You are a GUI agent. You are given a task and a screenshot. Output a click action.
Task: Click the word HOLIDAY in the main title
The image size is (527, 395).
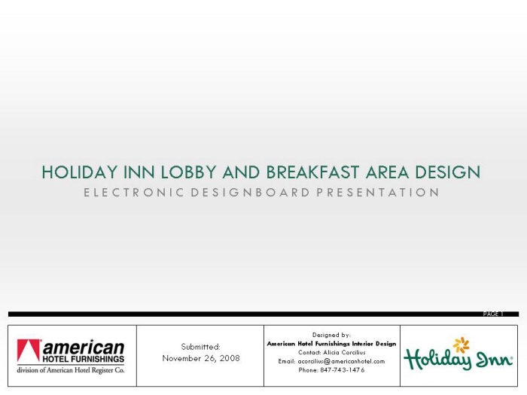pyautogui.click(x=79, y=172)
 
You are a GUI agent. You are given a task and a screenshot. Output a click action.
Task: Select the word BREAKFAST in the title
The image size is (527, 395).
pyautogui.click(x=313, y=172)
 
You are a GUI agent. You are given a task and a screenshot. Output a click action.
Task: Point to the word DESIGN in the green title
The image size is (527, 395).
pyautogui.click(x=448, y=172)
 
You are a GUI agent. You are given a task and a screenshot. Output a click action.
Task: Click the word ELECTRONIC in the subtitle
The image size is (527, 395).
pyautogui.click(x=134, y=193)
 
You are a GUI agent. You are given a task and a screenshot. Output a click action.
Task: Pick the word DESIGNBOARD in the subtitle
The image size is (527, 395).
pyautogui.click(x=251, y=193)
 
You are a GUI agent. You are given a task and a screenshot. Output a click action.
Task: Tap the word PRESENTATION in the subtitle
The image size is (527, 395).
pyautogui.click(x=378, y=193)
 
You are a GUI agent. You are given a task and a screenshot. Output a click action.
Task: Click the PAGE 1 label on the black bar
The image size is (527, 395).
pyautogui.click(x=493, y=314)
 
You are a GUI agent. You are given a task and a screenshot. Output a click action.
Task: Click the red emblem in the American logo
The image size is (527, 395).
pyautogui.click(x=29, y=351)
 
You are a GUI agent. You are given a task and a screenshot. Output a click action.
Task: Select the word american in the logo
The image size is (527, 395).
pyautogui.click(x=84, y=348)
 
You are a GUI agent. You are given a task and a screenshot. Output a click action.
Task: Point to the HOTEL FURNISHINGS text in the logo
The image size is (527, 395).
pyautogui.click(x=84, y=359)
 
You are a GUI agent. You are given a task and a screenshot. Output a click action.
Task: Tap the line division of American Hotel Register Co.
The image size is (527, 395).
pyautogui.click(x=71, y=370)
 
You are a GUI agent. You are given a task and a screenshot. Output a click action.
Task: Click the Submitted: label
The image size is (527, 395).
pyautogui.click(x=201, y=347)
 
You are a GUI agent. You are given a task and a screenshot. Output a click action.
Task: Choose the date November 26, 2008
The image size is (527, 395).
pyautogui.click(x=201, y=358)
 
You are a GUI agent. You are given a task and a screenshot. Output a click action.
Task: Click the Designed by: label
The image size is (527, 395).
pyautogui.click(x=331, y=335)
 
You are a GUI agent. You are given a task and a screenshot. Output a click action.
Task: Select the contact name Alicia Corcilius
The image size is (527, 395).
pyautogui.click(x=344, y=352)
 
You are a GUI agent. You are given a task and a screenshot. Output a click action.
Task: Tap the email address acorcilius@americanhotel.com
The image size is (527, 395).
pyautogui.click(x=341, y=361)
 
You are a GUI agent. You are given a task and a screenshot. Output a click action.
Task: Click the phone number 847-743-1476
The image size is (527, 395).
pyautogui.click(x=342, y=370)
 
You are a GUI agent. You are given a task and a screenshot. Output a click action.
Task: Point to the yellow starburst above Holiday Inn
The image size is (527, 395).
pyautogui.click(x=461, y=345)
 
